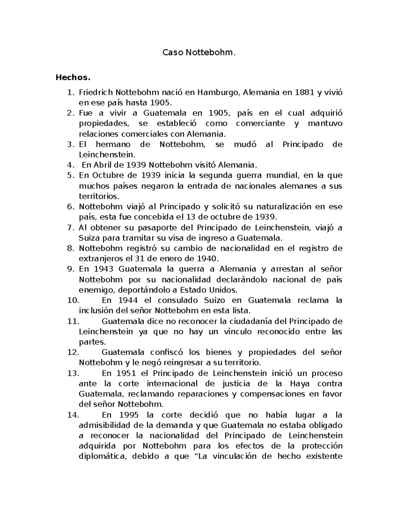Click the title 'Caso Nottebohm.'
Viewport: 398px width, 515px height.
click(199, 52)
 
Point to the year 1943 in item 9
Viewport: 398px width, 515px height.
click(103, 269)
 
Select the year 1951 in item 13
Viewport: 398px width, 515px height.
click(126, 373)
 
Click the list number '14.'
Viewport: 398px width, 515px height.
click(73, 415)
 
